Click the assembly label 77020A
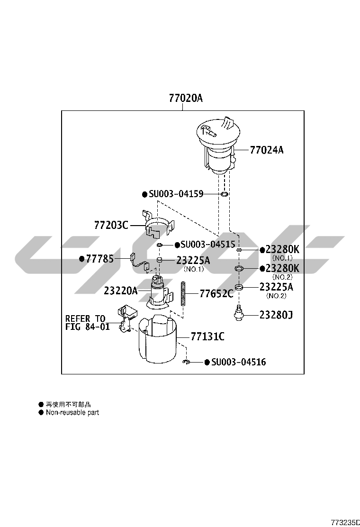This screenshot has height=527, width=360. pos(186,98)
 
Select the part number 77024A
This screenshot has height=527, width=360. pos(267,150)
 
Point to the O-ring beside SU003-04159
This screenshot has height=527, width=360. pos(225,194)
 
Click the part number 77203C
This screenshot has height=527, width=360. pos(111,225)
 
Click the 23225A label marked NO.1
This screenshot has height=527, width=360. pos(193,260)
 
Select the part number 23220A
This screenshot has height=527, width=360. pos(121,291)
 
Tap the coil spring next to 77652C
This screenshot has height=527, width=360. pos(183,293)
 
